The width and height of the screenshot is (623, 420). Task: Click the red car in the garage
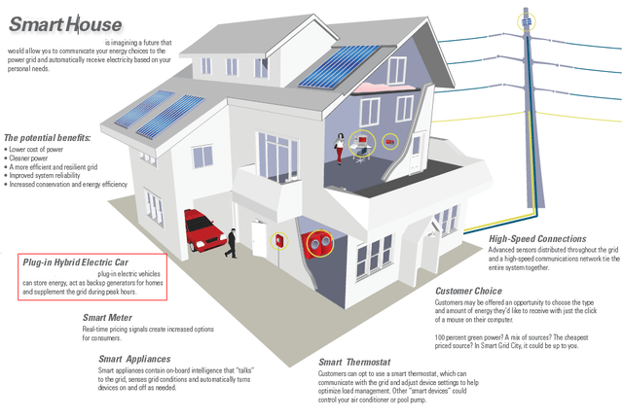(x=205, y=226)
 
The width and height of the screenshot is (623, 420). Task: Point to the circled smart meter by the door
(x=280, y=239)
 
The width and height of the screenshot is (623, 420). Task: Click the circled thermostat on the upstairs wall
(x=389, y=142)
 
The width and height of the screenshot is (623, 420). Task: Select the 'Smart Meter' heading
(x=108, y=317)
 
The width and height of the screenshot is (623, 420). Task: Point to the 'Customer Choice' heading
(x=468, y=291)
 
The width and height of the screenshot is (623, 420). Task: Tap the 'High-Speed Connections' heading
(x=536, y=238)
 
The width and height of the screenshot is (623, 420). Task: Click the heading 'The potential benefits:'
(x=48, y=138)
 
